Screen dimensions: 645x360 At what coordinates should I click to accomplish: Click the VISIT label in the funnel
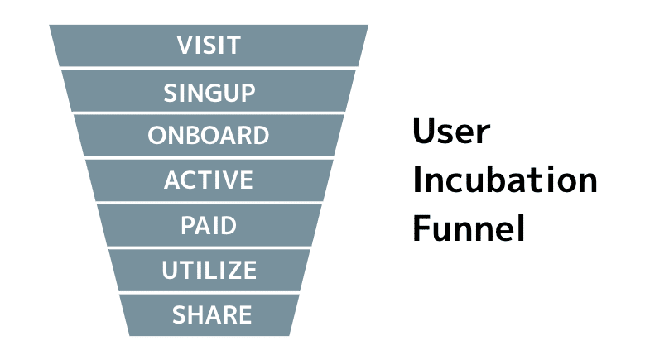(x=209, y=46)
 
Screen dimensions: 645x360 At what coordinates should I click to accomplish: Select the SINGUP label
(x=209, y=93)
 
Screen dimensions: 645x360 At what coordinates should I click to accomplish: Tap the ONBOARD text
(x=209, y=135)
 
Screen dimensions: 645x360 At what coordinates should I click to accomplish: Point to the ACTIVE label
(x=209, y=180)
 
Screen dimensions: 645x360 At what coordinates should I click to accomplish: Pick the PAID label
(x=209, y=225)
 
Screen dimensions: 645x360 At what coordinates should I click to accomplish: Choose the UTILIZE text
(x=209, y=270)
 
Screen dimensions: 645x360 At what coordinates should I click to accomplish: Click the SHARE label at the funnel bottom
(x=212, y=314)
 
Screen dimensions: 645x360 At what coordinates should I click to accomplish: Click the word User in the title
(x=451, y=131)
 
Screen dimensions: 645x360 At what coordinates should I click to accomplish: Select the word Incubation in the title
(x=505, y=180)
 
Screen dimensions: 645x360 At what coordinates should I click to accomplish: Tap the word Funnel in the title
(x=469, y=228)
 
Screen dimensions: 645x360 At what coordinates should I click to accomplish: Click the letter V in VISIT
(x=186, y=46)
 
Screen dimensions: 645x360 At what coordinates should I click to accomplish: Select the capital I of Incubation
(x=416, y=180)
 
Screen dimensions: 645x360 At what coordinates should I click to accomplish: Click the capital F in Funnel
(x=421, y=228)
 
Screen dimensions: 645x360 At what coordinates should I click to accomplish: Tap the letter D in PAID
(x=228, y=225)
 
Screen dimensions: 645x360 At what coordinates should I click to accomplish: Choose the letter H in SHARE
(x=199, y=314)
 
